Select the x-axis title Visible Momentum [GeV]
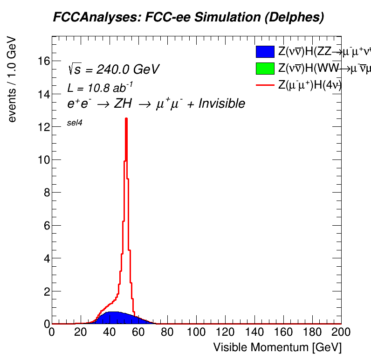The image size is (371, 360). (277, 347)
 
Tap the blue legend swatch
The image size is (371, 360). (264, 52)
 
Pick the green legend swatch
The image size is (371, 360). (264, 69)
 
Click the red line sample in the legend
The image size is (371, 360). (264, 85)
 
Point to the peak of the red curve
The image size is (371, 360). (126, 119)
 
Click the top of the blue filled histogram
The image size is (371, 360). (113, 312)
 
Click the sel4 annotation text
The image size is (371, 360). (75, 123)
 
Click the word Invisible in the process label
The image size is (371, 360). (221, 104)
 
